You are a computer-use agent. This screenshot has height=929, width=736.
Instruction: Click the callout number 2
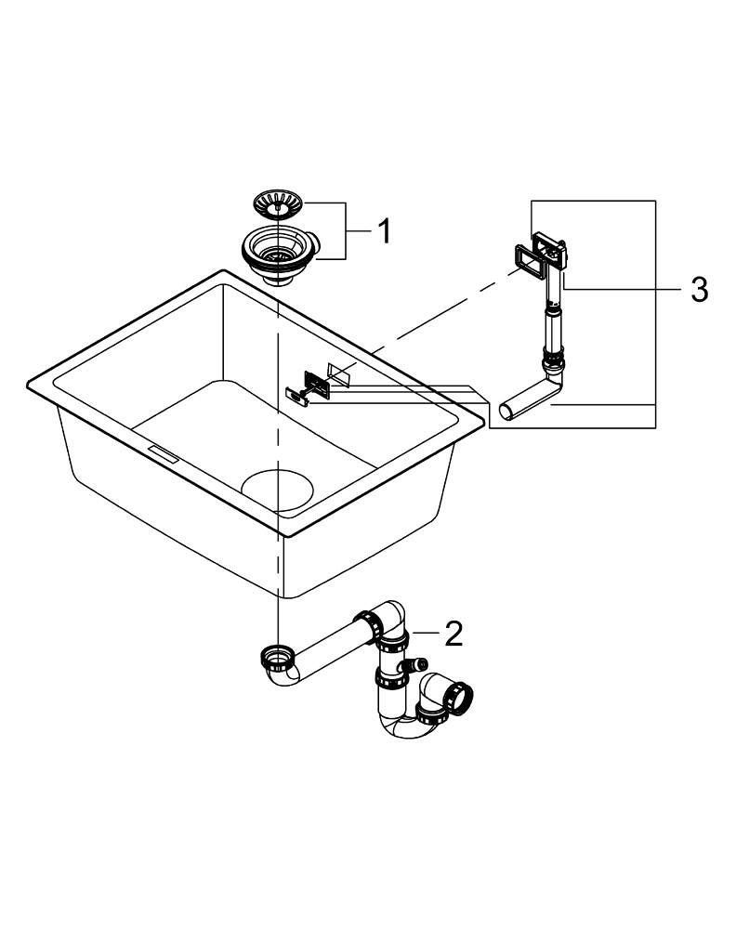point(453,634)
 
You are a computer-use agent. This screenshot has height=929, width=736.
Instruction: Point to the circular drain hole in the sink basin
point(279,491)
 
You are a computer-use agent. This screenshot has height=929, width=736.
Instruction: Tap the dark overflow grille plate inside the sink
point(318,379)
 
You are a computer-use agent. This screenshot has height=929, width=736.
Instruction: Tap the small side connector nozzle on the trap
point(417,666)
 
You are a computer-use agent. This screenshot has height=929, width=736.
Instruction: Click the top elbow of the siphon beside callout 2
point(390,618)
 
